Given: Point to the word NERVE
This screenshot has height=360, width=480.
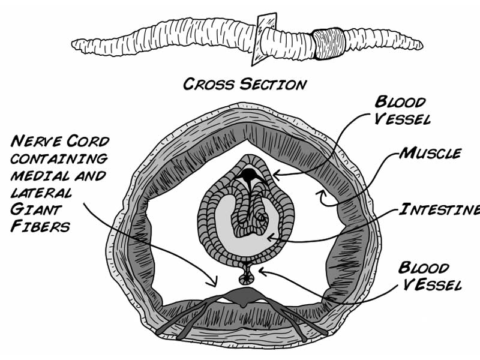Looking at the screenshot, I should tap(37, 142).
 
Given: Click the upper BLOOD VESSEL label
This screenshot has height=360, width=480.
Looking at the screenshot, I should tap(401, 110).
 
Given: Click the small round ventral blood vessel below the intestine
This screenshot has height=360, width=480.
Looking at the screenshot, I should tap(245, 278).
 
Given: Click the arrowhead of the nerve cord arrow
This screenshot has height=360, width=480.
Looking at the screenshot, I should tap(212, 282).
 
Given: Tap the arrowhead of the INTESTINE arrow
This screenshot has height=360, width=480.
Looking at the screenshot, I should tap(269, 238).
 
